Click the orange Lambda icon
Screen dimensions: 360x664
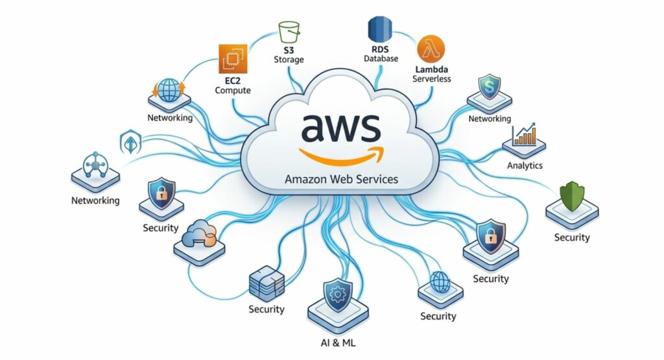(x=431, y=49)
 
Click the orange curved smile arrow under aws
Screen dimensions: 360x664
(x=341, y=154)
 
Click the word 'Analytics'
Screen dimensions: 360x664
(x=524, y=165)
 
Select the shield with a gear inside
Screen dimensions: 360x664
(x=337, y=294)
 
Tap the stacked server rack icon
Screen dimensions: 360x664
(x=267, y=282)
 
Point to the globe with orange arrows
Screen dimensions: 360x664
(x=169, y=90)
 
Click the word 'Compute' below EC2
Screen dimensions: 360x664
(x=233, y=91)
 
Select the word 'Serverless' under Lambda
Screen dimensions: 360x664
(x=431, y=79)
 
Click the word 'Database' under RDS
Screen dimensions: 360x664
(x=380, y=59)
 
